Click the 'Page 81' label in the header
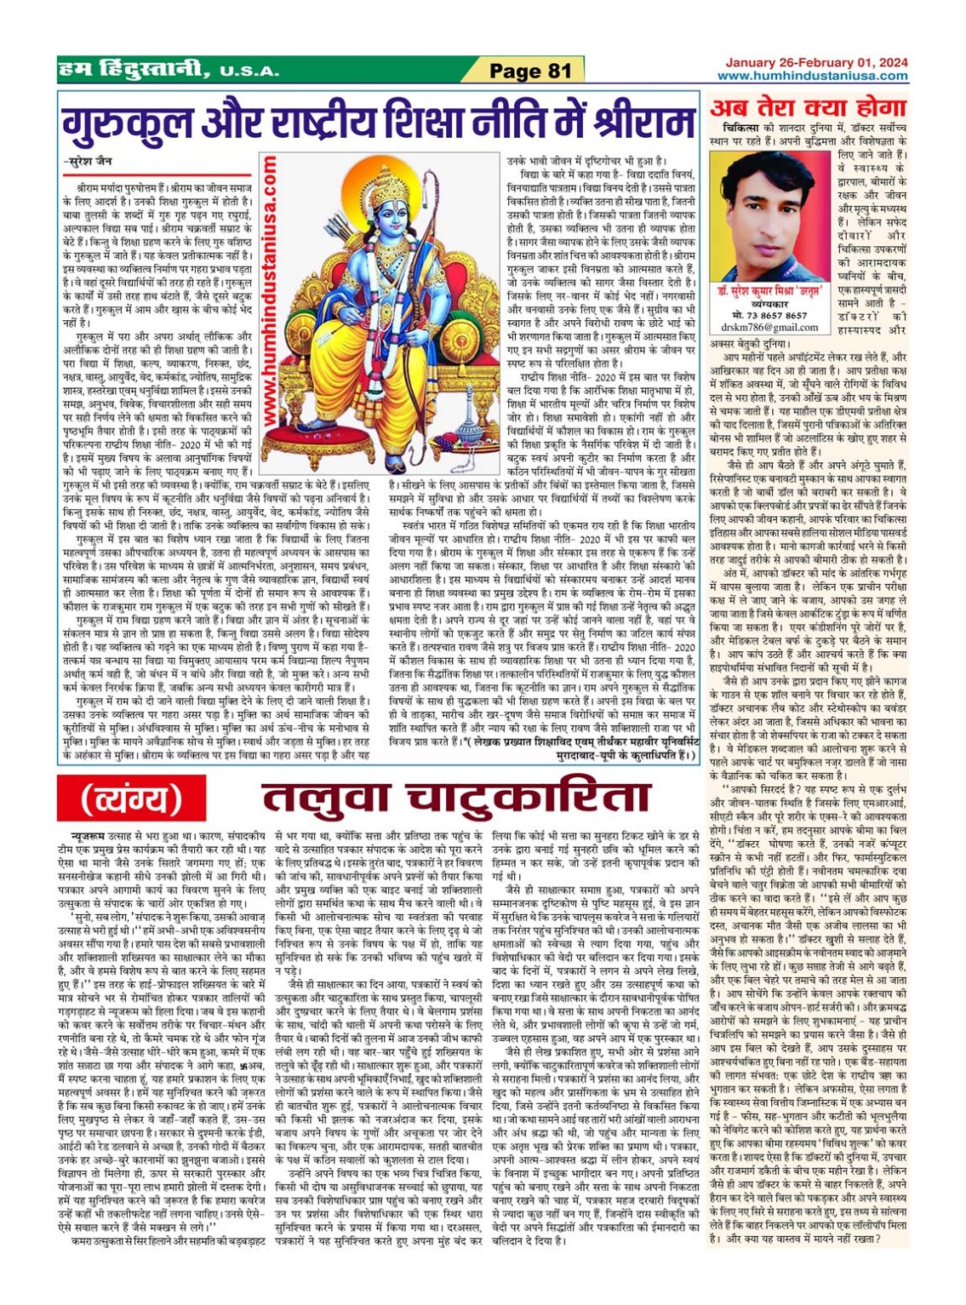coord(529,71)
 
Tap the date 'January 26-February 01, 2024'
coord(816,62)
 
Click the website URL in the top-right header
coord(812,76)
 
